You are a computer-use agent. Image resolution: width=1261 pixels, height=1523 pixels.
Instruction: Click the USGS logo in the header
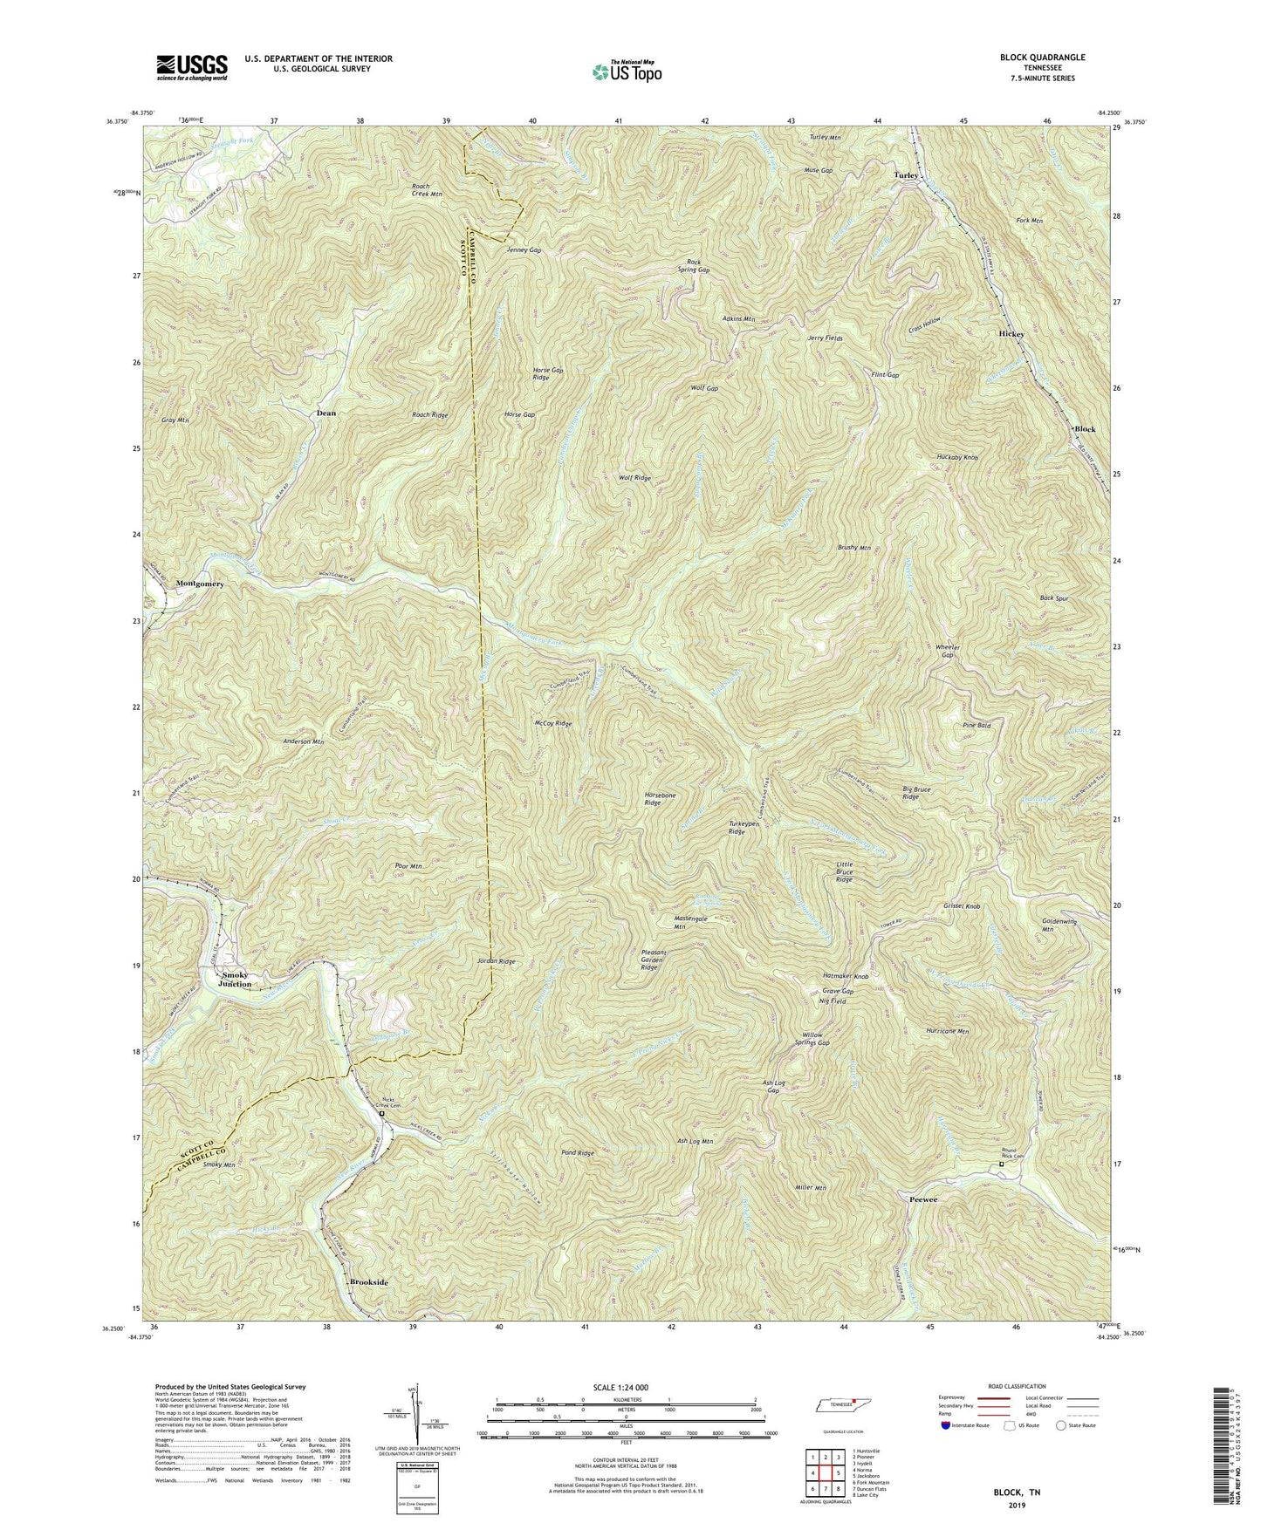point(192,66)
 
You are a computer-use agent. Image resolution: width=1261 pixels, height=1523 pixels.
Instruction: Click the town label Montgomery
point(200,583)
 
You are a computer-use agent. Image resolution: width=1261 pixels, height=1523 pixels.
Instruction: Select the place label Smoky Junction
point(236,979)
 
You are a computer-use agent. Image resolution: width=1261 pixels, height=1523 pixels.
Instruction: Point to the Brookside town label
point(367,1281)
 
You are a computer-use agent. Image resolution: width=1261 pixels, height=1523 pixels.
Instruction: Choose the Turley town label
point(905,175)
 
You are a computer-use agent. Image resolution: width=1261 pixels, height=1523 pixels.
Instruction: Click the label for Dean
point(326,412)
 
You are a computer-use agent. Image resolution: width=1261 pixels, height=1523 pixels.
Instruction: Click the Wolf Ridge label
point(634,478)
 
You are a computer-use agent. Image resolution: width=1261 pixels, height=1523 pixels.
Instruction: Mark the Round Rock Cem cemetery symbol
point(1001,1164)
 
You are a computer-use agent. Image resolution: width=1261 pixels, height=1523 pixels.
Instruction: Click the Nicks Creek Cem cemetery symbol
point(381,1113)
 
